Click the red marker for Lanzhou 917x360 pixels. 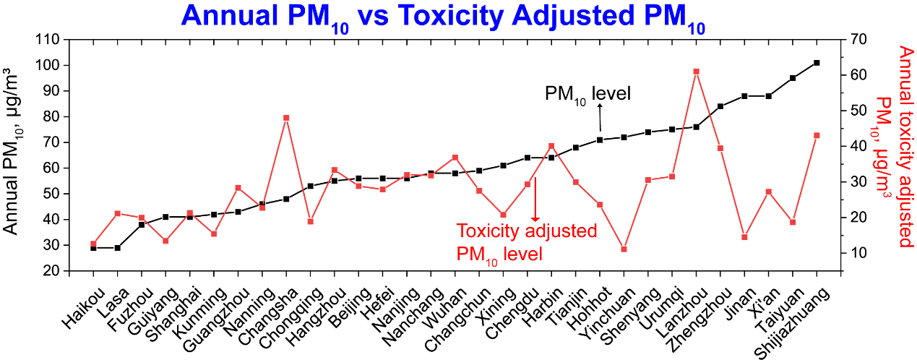click(696, 72)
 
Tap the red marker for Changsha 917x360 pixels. click(286, 118)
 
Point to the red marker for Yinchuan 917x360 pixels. click(624, 249)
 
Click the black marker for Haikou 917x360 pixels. click(93, 248)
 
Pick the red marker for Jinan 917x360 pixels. click(744, 237)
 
